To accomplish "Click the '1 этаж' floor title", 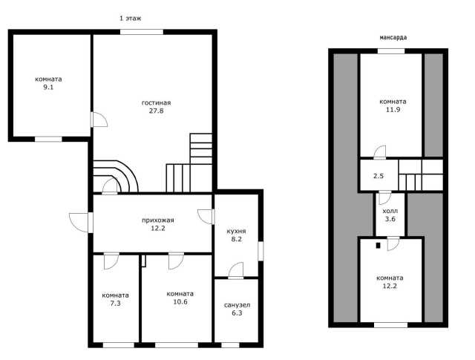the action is (x=131, y=19).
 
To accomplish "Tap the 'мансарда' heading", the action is (x=393, y=38).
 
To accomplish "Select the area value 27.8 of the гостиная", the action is (x=157, y=111).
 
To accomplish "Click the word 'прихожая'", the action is (x=158, y=220).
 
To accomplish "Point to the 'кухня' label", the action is (x=236, y=231).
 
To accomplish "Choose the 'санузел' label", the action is (x=237, y=305).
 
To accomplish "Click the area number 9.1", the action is (x=48, y=88).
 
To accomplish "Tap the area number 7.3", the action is (x=116, y=304).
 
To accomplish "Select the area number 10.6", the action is (x=180, y=302).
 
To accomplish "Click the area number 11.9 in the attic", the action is (x=393, y=110).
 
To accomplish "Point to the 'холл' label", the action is (x=390, y=211).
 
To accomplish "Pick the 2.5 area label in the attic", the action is (x=379, y=176).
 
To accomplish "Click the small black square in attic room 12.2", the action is (x=378, y=246).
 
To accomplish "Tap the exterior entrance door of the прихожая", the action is (x=80, y=223).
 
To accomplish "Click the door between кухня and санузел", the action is (x=236, y=270).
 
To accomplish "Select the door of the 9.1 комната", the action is (x=99, y=120).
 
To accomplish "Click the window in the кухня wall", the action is (x=261, y=251).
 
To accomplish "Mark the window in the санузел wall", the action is (x=230, y=345).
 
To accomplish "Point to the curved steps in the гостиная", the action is (x=116, y=177).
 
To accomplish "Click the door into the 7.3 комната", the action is (x=111, y=261).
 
